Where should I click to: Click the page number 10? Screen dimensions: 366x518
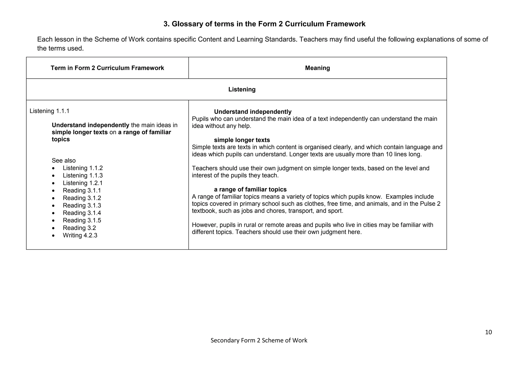tap(488, 332)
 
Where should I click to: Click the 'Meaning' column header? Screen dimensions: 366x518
tap(317, 68)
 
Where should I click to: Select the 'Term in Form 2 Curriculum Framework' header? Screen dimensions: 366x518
tap(107, 68)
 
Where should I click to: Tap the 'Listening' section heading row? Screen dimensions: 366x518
tap(242, 89)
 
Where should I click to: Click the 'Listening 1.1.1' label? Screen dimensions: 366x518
tap(49, 111)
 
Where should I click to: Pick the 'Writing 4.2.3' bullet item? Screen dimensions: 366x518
tap(80, 235)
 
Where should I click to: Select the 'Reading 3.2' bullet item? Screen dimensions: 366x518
tap(79, 228)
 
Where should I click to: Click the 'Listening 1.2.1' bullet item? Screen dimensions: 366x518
tap(82, 183)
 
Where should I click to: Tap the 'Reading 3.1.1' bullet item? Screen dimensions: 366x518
tap(82, 190)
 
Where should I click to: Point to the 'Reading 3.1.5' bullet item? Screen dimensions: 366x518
tap(82, 220)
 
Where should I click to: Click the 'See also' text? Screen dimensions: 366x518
tap(63, 161)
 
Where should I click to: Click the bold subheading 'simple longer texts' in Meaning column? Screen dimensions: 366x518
tap(242, 140)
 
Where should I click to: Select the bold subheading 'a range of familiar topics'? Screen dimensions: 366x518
tap(250, 190)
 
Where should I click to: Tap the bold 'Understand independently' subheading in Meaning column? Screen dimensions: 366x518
tap(253, 112)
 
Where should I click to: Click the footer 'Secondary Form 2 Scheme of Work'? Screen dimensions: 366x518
tap(259, 340)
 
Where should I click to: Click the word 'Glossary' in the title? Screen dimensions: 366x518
tap(187, 24)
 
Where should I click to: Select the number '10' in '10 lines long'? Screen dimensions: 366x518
tap(389, 154)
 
